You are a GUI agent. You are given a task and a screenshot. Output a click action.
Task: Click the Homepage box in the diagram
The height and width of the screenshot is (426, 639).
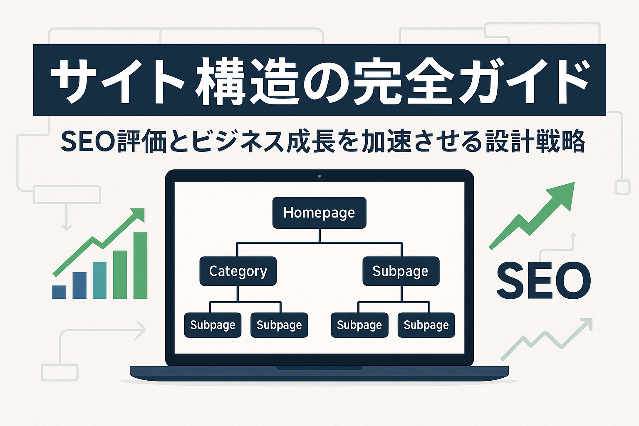319,213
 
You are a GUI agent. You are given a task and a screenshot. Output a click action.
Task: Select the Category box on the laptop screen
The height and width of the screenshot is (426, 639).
238,271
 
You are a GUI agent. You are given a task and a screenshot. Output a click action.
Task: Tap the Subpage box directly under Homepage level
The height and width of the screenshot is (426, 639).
401,271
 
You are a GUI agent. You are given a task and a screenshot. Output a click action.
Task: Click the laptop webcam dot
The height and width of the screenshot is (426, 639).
319,176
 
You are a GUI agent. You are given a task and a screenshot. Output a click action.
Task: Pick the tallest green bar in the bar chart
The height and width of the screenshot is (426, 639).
140,265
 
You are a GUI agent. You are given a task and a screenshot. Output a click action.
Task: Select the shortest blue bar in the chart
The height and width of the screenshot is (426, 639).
59,292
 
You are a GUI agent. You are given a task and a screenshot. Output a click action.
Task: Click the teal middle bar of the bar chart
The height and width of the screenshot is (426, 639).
99,280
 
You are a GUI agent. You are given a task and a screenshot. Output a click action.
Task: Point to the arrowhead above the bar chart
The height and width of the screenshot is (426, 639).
139,215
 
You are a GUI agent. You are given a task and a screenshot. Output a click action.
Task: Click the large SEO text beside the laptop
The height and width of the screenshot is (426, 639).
543,281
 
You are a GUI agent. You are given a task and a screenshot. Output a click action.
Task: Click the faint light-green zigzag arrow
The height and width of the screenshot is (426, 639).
546,339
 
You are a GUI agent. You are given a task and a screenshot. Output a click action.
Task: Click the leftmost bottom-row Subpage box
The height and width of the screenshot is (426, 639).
213,325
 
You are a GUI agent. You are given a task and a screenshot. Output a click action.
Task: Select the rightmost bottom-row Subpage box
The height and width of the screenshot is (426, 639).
426,325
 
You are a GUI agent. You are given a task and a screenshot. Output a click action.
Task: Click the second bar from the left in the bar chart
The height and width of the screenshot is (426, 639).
79,285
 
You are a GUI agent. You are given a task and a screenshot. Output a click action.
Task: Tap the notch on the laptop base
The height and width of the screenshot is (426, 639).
319,368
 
